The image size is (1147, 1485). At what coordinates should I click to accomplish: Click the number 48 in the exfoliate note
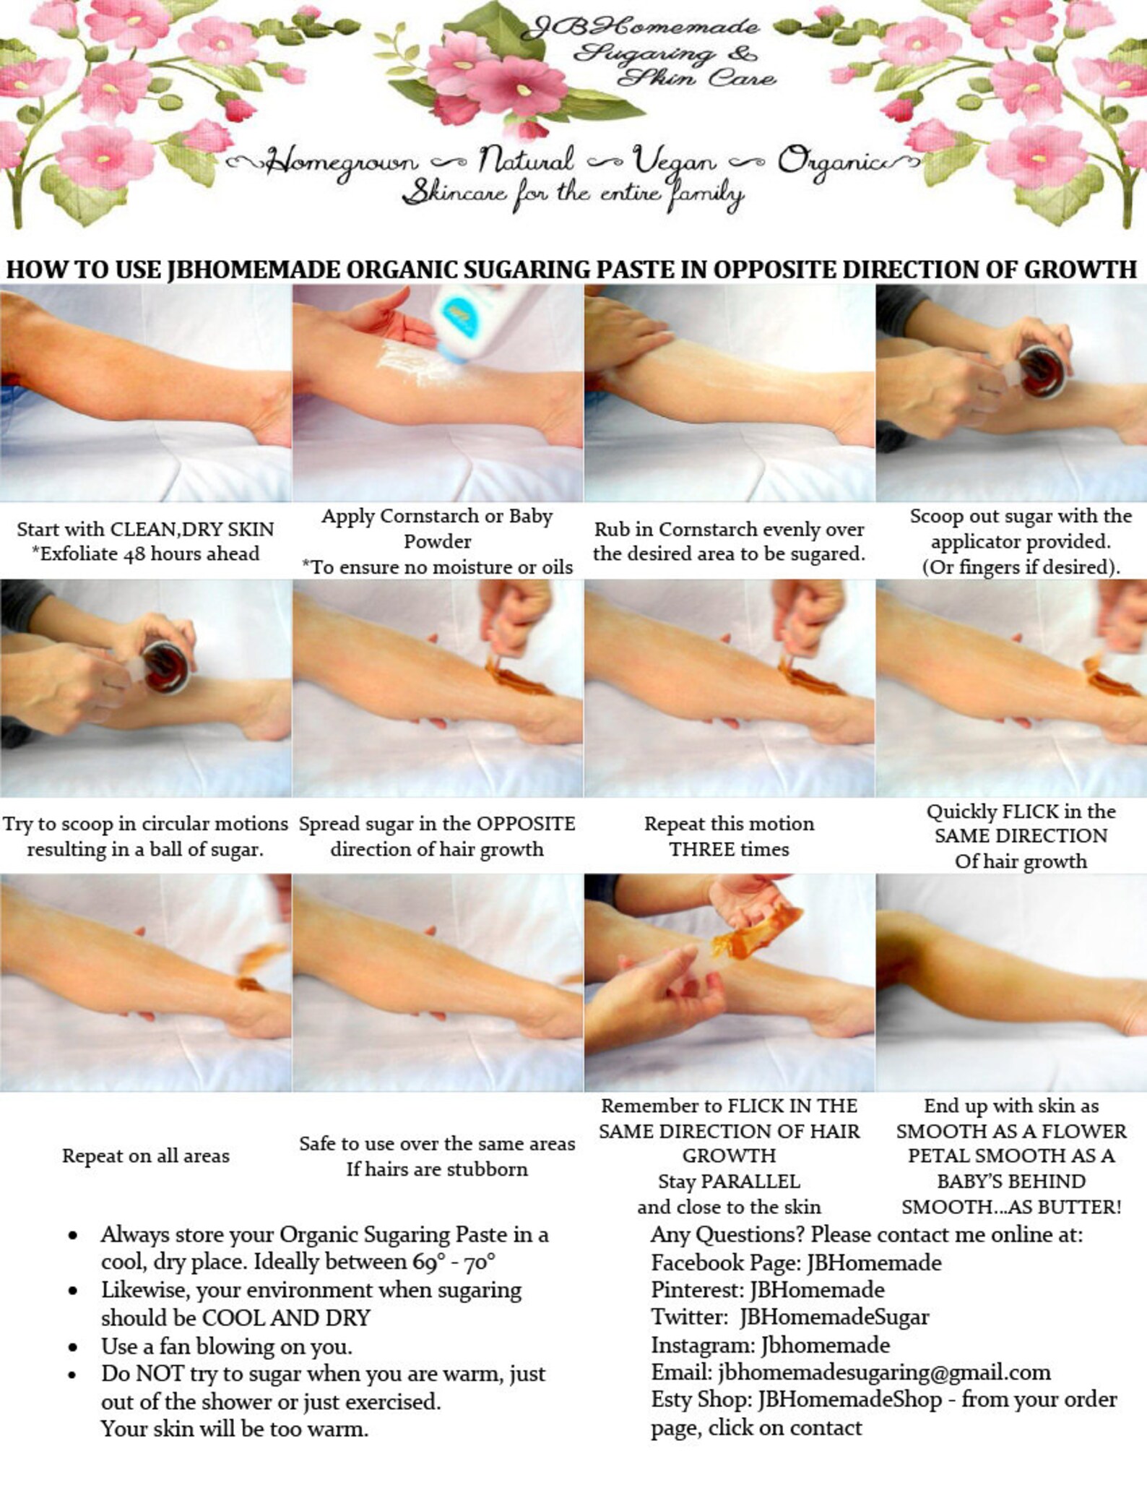137,554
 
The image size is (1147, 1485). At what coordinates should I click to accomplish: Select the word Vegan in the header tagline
674,160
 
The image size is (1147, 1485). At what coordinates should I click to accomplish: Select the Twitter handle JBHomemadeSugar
834,1317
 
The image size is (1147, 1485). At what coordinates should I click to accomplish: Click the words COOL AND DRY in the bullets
286,1317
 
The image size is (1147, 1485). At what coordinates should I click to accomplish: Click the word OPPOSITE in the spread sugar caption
526,824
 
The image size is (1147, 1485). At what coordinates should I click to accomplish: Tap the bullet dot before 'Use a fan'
73,1347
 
